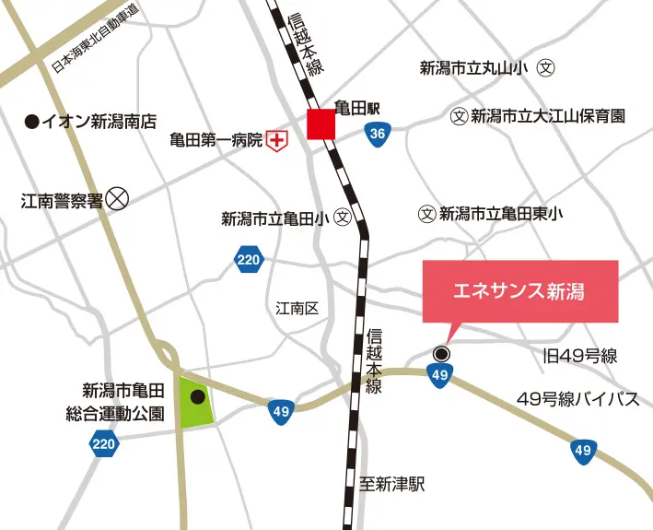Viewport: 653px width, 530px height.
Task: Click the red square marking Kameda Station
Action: click(x=321, y=124)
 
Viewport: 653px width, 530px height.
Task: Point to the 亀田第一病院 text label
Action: click(x=216, y=140)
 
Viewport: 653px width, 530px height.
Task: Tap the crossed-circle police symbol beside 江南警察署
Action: click(x=117, y=198)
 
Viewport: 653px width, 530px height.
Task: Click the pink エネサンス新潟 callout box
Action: click(x=519, y=291)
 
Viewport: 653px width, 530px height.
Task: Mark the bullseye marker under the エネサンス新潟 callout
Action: click(x=441, y=353)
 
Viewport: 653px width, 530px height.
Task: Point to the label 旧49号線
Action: click(x=579, y=356)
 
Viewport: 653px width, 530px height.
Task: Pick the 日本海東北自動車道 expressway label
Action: click(x=95, y=38)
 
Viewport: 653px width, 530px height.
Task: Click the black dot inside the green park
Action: click(x=196, y=397)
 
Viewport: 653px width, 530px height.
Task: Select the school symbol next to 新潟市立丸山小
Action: click(x=547, y=67)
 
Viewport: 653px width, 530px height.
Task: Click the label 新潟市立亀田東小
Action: click(x=500, y=214)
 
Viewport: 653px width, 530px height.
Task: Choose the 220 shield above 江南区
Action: click(x=248, y=261)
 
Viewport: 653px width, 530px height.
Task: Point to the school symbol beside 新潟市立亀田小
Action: click(x=343, y=218)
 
